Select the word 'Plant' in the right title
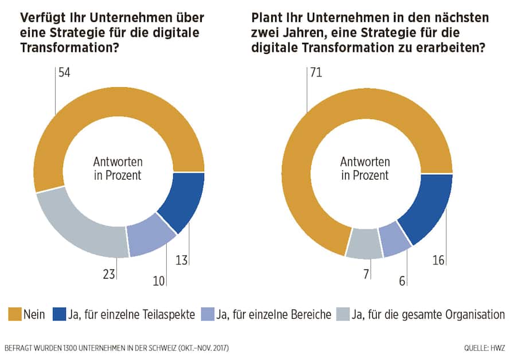266,18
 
